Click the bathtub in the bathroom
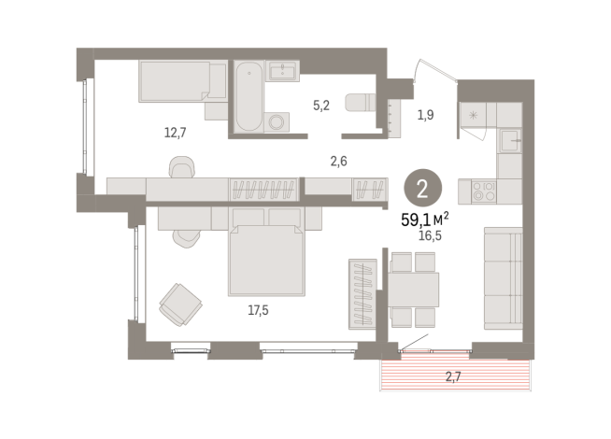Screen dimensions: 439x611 (x=247, y=97)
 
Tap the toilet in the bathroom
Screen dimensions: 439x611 (x=359, y=102)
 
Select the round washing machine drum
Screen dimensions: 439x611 (x=278, y=121)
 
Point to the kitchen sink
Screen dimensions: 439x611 (x=509, y=142)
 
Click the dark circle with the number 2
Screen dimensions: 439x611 (x=422, y=190)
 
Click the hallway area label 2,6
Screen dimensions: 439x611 (x=338, y=161)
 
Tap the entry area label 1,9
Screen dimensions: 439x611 (x=425, y=116)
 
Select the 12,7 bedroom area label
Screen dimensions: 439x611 (x=176, y=132)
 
